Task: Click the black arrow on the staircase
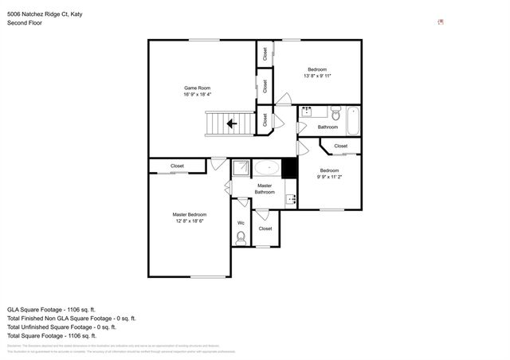tap(231, 123)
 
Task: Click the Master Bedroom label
tap(190, 214)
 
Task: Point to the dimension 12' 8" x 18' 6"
tap(190, 221)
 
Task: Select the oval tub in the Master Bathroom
tap(266, 168)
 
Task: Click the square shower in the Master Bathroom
tap(241, 168)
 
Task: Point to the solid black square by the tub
tap(289, 168)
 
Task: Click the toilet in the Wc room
tap(241, 237)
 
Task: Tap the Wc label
tap(241, 222)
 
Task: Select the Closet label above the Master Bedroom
tap(177, 166)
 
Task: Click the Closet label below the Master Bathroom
tap(265, 229)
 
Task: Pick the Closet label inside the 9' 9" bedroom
tap(340, 146)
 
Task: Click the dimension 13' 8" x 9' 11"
tap(317, 76)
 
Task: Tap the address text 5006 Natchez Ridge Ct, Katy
tap(44, 14)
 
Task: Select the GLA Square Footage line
tap(51, 309)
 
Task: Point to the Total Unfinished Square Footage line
tap(61, 327)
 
